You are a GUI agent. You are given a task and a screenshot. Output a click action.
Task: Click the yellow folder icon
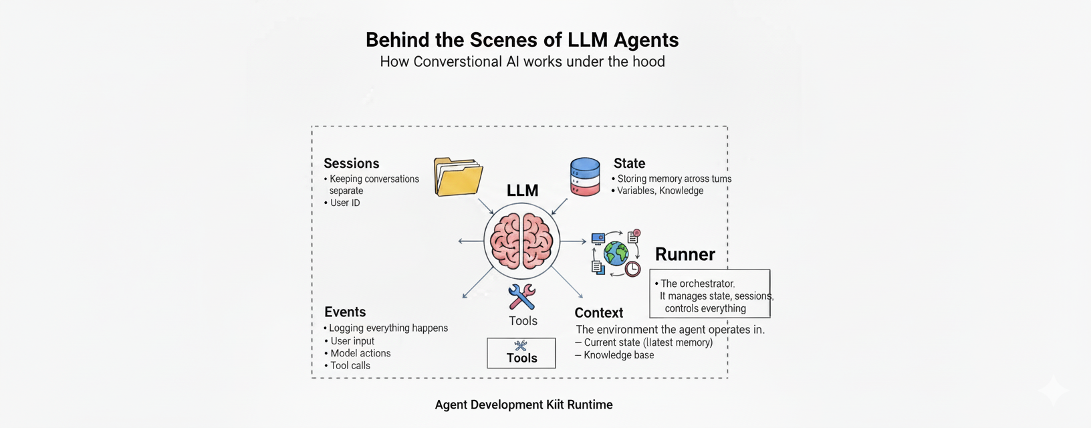coord(458,177)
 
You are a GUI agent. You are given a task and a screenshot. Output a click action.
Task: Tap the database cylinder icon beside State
coord(585,177)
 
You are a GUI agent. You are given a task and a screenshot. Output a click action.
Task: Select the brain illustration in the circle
coord(521,241)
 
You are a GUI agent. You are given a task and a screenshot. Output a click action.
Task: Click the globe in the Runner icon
coord(616,253)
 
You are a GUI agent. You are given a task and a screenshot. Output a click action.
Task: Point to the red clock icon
coord(632,269)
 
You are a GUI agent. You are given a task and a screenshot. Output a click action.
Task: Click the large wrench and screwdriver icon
coord(521,297)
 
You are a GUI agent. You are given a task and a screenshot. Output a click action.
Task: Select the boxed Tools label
coord(521,353)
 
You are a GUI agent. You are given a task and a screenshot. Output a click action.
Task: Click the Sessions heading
coord(351,163)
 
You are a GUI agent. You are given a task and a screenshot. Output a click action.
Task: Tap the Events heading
coord(345,312)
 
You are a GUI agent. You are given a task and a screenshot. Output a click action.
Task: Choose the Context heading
coord(598,312)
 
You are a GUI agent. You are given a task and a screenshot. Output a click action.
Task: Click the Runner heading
coord(685,254)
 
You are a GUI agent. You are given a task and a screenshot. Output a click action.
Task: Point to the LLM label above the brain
coord(522,191)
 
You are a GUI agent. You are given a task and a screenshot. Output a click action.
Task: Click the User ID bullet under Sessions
coord(344,203)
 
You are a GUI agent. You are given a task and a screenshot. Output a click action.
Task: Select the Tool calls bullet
coord(350,365)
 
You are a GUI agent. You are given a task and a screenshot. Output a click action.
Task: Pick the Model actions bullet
coord(360,353)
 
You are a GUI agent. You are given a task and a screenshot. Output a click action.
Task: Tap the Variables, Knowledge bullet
coord(659,191)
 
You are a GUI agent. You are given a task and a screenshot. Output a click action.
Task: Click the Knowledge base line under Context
coord(618,355)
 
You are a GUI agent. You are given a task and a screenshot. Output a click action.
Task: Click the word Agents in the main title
coord(646,40)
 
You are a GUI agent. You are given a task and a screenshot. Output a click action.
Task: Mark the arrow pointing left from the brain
coord(470,241)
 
